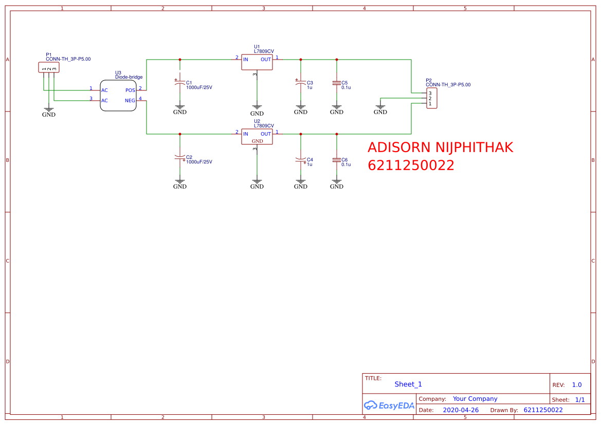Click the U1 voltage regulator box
pyautogui.click(x=257, y=62)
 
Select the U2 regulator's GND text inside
pyautogui.click(x=257, y=141)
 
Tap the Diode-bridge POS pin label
pyautogui.click(x=130, y=90)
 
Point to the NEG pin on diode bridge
pyautogui.click(x=130, y=101)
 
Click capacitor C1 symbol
pyautogui.click(x=179, y=84)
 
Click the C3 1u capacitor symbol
pyautogui.click(x=300, y=83)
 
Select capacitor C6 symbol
pyautogui.click(x=337, y=160)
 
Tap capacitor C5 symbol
pyautogui.click(x=337, y=83)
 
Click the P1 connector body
pyautogui.click(x=49, y=67)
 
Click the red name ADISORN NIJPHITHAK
pyautogui.click(x=440, y=147)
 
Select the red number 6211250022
pyautogui.click(x=411, y=165)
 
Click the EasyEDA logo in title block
pyautogui.click(x=389, y=405)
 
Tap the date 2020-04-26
pyautogui.click(x=461, y=410)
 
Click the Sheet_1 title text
pyautogui.click(x=408, y=384)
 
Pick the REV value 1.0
pyautogui.click(x=576, y=385)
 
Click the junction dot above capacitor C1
pyautogui.click(x=180, y=60)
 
